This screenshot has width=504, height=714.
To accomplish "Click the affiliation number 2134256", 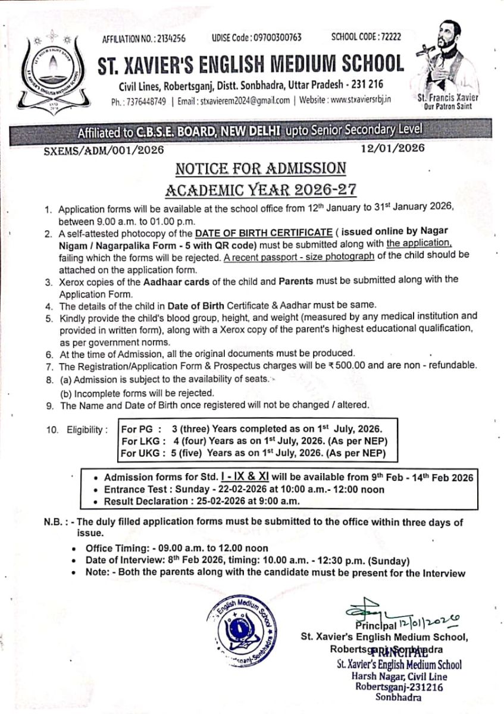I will (170, 38).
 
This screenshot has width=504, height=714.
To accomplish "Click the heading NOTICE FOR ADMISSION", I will (261, 168).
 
